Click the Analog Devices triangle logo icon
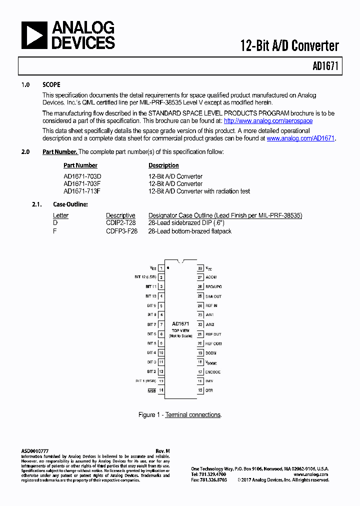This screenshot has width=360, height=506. click(34, 35)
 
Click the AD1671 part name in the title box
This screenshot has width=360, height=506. click(326, 66)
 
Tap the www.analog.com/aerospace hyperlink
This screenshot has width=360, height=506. click(268, 121)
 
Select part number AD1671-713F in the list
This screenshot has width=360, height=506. click(82, 191)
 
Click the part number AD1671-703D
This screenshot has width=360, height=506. click(82, 176)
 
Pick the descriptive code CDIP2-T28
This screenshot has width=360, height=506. click(120, 223)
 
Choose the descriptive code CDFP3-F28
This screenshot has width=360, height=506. click(121, 231)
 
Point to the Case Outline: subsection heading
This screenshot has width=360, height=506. click(70, 204)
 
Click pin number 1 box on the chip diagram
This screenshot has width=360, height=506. click(161, 268)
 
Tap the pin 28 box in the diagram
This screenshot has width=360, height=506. click(200, 268)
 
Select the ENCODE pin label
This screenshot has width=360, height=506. click(213, 372)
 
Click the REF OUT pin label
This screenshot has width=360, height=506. click(213, 334)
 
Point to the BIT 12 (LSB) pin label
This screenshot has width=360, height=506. click(145, 277)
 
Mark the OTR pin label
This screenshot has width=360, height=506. click(209, 390)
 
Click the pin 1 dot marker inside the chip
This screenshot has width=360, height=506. click(168, 268)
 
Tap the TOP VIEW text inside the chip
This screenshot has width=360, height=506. click(180, 330)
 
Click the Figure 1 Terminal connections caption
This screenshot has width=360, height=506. click(180, 415)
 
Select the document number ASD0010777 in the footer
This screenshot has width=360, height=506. click(35, 451)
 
